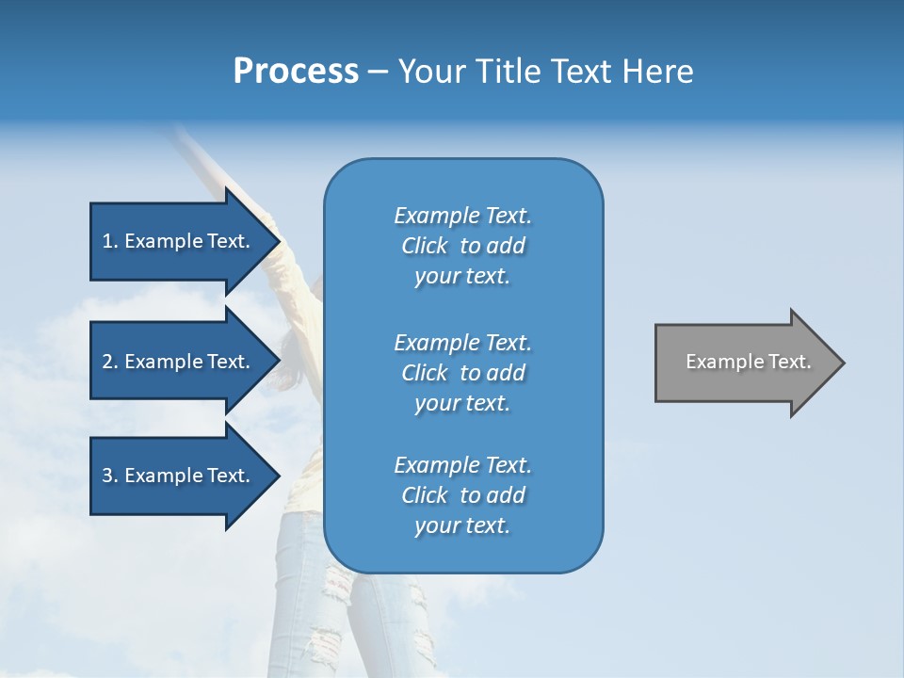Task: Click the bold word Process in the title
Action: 296,72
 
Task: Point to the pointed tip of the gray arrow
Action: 842,363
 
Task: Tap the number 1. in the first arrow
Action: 110,241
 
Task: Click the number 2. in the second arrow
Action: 110,362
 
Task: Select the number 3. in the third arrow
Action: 110,476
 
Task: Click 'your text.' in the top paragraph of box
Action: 462,277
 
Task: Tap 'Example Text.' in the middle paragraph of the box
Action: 462,343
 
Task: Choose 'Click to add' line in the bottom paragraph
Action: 462,495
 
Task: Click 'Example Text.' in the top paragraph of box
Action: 462,216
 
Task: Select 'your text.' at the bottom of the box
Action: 462,526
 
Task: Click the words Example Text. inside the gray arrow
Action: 749,362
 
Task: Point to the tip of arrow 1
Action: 279,241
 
